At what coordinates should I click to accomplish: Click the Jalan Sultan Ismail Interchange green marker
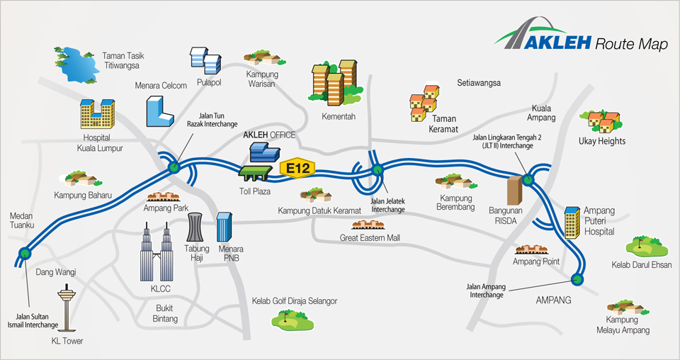click(26, 252)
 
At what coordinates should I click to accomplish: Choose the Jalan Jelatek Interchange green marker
click(377, 169)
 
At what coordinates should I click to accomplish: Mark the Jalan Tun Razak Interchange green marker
click(174, 168)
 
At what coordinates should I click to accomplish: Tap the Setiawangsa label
click(479, 83)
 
